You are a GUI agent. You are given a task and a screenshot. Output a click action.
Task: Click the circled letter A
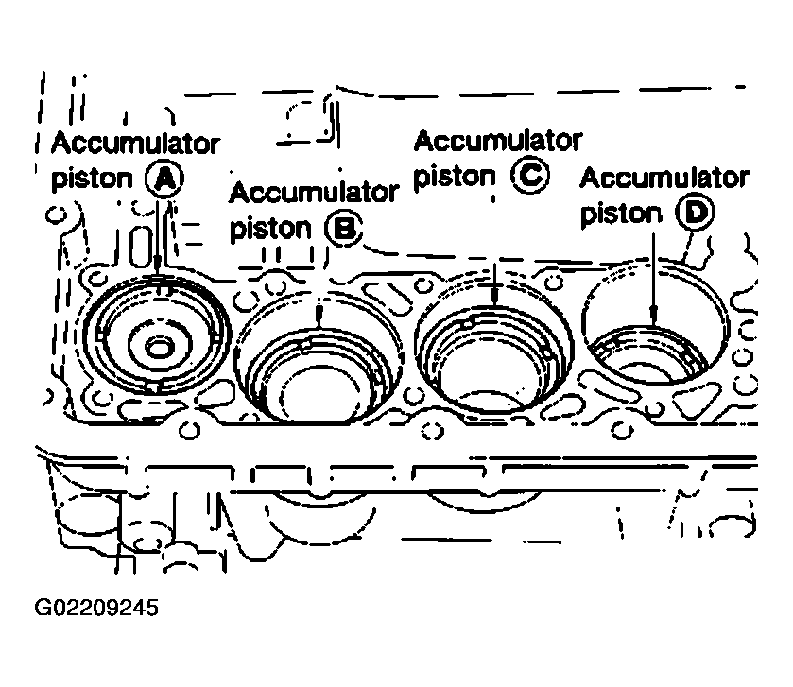point(164,179)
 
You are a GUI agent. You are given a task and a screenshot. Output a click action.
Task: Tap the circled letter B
point(344,228)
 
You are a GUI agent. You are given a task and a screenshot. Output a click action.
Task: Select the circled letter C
point(529,175)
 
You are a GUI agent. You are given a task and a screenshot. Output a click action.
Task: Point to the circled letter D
point(695,212)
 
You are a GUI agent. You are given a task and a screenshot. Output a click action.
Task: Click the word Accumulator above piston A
point(135,143)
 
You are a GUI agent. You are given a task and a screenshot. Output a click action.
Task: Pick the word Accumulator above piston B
point(314,193)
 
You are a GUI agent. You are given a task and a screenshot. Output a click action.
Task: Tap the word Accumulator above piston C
point(498,141)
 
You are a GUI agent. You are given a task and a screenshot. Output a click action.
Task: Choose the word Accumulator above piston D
point(664,178)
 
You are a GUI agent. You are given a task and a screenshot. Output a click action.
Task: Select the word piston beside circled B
point(270,229)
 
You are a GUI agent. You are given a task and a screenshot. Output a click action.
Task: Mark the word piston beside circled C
point(455,177)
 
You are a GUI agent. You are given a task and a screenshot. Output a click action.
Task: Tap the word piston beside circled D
point(621,214)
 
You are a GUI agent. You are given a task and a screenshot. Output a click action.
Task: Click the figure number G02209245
point(96,607)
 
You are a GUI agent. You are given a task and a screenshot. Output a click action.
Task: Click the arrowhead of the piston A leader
point(158,266)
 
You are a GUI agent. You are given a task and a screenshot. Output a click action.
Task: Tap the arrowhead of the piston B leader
point(319,317)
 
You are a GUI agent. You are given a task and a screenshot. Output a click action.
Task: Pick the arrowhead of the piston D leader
point(654,316)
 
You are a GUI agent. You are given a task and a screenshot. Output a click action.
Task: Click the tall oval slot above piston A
point(140,246)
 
